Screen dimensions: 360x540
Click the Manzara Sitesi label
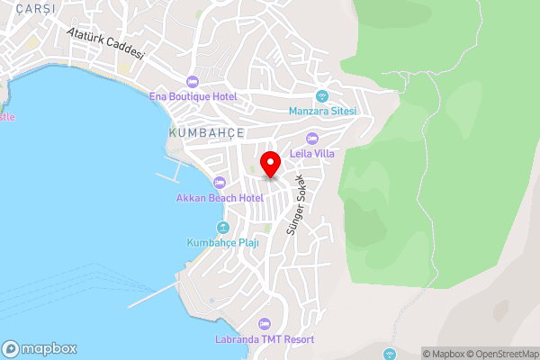[x=323, y=111]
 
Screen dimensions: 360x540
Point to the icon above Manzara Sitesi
[x=322, y=96]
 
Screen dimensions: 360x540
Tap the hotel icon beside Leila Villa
[x=312, y=139]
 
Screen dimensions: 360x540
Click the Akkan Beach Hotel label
[x=220, y=197]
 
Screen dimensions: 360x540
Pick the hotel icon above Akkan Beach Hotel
[x=220, y=183]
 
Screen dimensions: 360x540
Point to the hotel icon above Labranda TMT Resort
[x=264, y=324]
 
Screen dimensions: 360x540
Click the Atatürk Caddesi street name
[x=106, y=41]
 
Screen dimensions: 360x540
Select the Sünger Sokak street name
[x=298, y=210]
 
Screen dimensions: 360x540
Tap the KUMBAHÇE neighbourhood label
[x=206, y=132]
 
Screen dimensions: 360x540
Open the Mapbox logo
[x=40, y=348]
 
